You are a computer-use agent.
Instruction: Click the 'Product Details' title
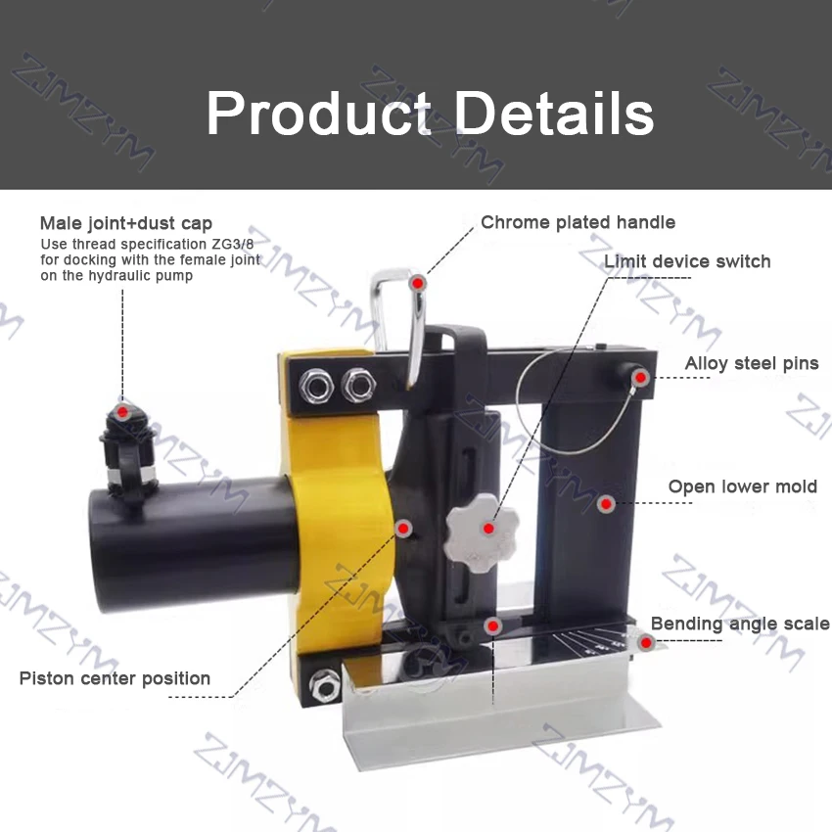[x=430, y=114]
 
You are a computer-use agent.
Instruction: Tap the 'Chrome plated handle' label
[x=578, y=222]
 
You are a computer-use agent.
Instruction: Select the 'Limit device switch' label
[x=687, y=261]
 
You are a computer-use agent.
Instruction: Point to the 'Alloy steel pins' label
[x=752, y=363]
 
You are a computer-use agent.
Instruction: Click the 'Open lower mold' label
[x=742, y=486]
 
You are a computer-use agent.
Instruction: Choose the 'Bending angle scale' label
[x=740, y=624]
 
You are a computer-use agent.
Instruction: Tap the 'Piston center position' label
[x=115, y=678]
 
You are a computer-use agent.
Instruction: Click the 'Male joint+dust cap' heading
[x=126, y=223]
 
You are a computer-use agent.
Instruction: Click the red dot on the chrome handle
[x=418, y=283]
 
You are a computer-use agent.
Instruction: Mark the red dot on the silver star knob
[x=488, y=529]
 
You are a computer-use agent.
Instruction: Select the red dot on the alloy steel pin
[x=640, y=378]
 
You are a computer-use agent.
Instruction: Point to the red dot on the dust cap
[x=122, y=412]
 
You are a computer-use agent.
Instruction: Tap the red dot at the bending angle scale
[x=646, y=643]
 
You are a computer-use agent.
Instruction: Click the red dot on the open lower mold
[x=606, y=504]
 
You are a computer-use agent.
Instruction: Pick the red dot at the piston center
[x=404, y=529]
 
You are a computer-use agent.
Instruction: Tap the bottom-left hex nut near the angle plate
[x=324, y=685]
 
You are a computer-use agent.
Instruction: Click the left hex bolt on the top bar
[x=316, y=386]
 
